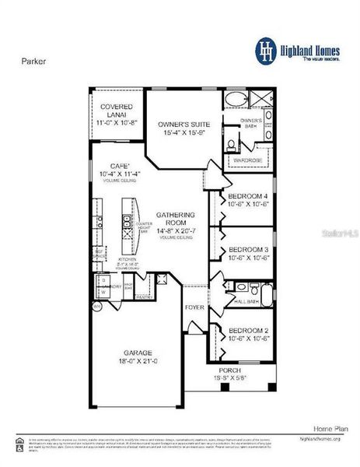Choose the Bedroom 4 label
click(248, 195)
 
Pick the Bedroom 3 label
click(248, 249)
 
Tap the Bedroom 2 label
click(248, 330)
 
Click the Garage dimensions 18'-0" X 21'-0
click(135, 362)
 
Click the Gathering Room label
click(175, 219)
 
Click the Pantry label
click(144, 297)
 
